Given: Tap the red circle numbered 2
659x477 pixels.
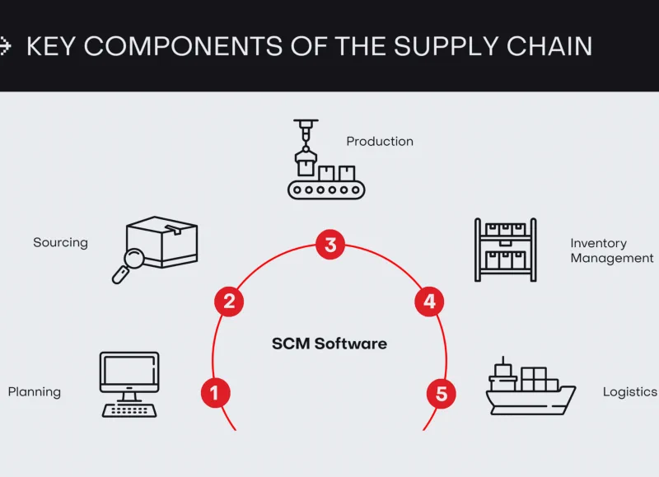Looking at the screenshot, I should pos(229,302).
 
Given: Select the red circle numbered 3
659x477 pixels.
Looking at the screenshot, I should pos(330,245).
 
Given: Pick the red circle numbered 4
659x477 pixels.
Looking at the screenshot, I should pos(428,302).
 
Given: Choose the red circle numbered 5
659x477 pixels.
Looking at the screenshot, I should pos(442,394).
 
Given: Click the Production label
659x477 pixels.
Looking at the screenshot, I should pos(380,142).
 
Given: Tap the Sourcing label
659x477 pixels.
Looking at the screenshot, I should pos(60,243).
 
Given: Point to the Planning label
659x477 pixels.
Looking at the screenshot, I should pos(35,392).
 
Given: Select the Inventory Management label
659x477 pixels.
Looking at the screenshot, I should pos(611,250).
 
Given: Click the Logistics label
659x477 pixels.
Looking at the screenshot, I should pos(629,392).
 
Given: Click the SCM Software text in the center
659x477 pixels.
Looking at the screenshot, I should pos(329,344).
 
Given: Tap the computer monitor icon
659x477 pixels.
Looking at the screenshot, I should pos(129,373).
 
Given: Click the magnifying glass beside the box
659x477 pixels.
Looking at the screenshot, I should pos(129,263).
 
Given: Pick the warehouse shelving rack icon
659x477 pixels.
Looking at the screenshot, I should pos(505,250).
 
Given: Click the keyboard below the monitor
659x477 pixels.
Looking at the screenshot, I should pos(129,409).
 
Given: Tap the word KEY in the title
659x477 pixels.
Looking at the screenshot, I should pos(53,46).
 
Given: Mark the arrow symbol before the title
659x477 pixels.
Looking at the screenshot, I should pos(5,46).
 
